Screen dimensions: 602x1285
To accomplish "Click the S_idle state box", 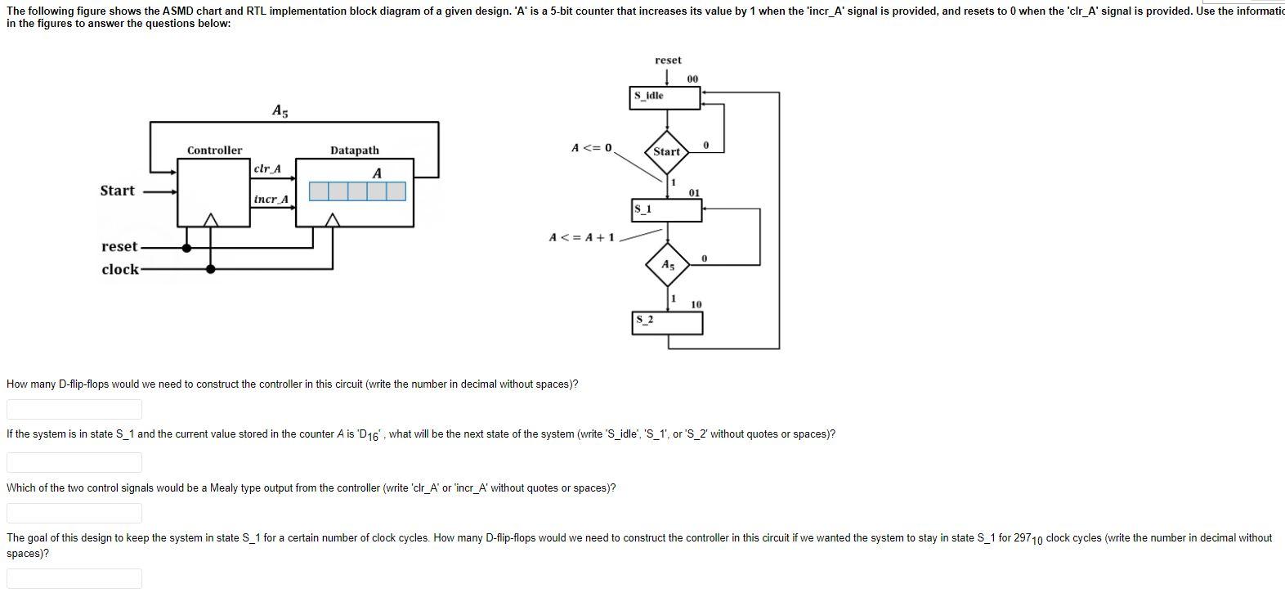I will point(665,97).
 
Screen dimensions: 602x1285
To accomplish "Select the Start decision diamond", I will point(666,151).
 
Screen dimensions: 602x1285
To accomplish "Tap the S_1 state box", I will point(665,210).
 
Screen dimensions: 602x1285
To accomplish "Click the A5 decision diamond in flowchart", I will point(668,265).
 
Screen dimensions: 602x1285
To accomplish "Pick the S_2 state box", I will point(667,322).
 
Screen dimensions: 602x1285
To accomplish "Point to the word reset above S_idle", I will point(667,61).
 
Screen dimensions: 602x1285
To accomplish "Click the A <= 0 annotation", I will point(591,148).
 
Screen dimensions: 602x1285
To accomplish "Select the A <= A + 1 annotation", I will point(581,237).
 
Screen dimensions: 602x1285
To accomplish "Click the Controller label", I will point(214,150).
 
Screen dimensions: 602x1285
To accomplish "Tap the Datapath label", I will point(354,150).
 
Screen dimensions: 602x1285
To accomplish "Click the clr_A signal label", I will point(267,168).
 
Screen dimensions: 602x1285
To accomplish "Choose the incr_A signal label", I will point(271,199).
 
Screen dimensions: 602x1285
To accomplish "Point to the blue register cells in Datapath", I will point(357,191).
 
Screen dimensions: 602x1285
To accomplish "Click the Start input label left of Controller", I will point(117,191).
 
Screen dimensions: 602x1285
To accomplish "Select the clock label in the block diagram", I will point(120,269).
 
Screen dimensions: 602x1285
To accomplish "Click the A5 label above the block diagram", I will point(280,110).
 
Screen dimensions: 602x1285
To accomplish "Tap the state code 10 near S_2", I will point(696,304).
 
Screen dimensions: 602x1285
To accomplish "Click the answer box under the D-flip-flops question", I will point(74,409).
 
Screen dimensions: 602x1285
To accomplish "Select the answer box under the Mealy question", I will point(74,513).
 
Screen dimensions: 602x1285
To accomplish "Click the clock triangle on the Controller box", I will point(211,219).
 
